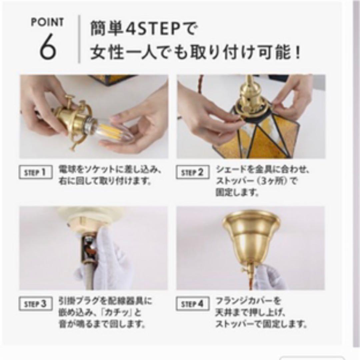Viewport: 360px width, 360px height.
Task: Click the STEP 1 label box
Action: click(36, 173)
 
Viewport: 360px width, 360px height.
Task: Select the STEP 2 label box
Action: click(193, 173)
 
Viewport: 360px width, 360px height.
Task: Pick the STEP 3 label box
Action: click(36, 304)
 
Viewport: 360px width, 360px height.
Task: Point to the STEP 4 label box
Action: click(193, 304)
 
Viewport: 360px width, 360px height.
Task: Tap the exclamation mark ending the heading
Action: click(298, 53)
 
